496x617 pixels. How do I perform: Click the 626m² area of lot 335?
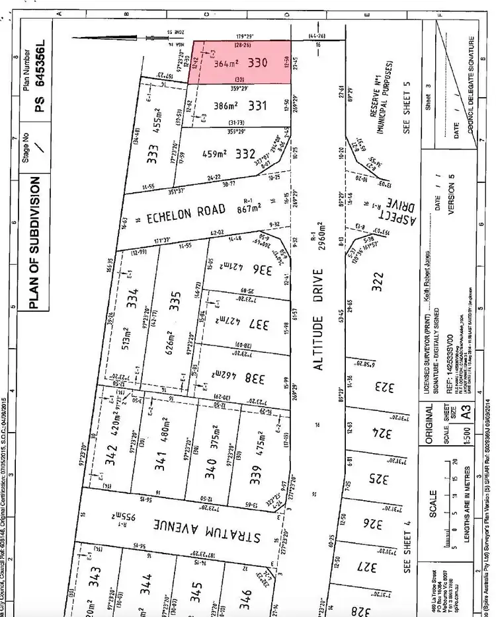171,344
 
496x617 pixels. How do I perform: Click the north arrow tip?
75,38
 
